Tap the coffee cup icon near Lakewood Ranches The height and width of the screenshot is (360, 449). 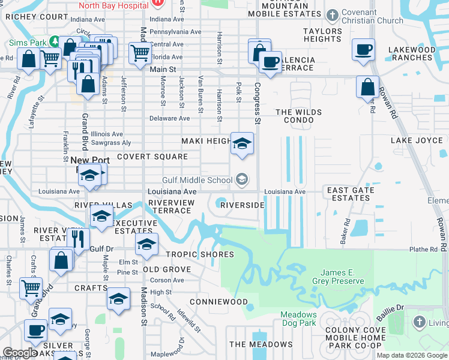pyautogui.click(x=363, y=49)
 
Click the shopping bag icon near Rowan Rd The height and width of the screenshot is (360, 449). pyautogui.click(x=367, y=87)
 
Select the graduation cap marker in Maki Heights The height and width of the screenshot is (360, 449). pyautogui.click(x=242, y=143)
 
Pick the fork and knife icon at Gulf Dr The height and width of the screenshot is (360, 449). pyautogui.click(x=78, y=239)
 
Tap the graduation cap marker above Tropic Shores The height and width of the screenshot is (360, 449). pyautogui.click(x=146, y=244)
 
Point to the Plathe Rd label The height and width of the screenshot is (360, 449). pyautogui.click(x=424, y=250)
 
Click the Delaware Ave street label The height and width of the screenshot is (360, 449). pyautogui.click(x=169, y=119)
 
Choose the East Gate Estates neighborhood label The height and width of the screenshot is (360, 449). pyautogui.click(x=351, y=194)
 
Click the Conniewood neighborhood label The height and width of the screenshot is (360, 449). pyautogui.click(x=218, y=301)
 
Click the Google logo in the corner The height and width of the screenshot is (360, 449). pyautogui.click(x=19, y=353)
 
